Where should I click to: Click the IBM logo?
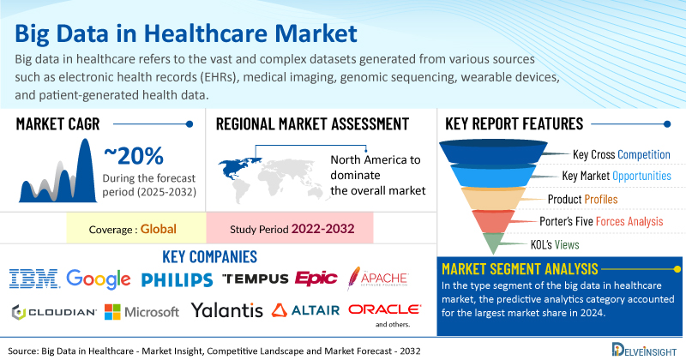coord(34,279)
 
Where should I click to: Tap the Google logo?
coord(99,279)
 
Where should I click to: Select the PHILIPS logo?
coord(178,280)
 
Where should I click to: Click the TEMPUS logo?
coord(255,279)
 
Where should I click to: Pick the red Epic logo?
coord(316,279)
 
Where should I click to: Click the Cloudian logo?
coord(54,312)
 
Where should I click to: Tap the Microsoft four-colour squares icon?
coord(112,312)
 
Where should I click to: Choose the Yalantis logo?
coord(226,310)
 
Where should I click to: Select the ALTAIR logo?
coord(305,310)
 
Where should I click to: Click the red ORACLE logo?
coord(384,309)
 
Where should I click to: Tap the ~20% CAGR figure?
coord(134,156)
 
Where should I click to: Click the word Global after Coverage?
coord(159,229)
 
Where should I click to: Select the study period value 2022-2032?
coord(323,229)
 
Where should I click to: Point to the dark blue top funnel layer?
coord(493,152)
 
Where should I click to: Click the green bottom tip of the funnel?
coord(493,243)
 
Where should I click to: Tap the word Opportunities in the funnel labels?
coord(641,176)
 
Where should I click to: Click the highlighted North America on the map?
coord(238,167)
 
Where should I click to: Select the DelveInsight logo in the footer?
coord(644,350)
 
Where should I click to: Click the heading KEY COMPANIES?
coord(209,257)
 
